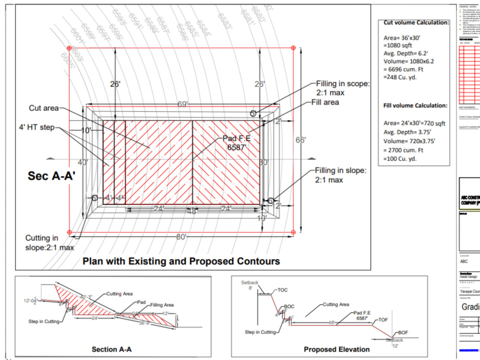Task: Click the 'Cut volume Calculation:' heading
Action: tap(416, 23)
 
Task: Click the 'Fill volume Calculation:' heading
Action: tap(415, 106)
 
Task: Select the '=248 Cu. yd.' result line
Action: tap(400, 77)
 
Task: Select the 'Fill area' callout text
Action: tap(325, 102)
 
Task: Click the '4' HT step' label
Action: tap(36, 128)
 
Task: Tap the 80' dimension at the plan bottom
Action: tap(181, 237)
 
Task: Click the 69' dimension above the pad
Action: tap(182, 104)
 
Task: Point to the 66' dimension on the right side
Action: tap(300, 140)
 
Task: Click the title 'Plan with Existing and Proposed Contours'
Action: tap(181, 262)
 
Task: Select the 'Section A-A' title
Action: tap(111, 349)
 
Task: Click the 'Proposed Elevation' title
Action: tap(336, 349)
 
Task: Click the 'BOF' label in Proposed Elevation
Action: tap(403, 332)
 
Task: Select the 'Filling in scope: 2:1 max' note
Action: tap(342, 88)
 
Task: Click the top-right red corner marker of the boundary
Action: tap(293, 48)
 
